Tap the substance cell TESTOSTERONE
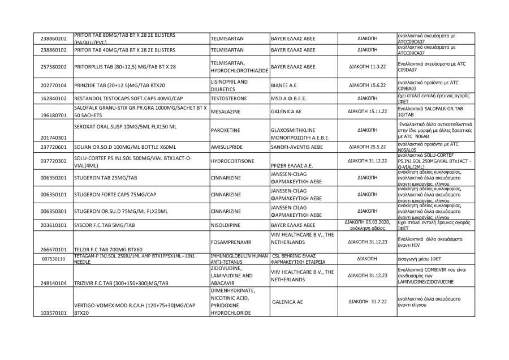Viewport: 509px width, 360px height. coord(230,98)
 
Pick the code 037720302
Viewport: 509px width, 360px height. coord(54,161)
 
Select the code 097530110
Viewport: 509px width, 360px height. coord(54,259)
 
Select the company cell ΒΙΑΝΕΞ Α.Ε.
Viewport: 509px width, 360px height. coord(288,85)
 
